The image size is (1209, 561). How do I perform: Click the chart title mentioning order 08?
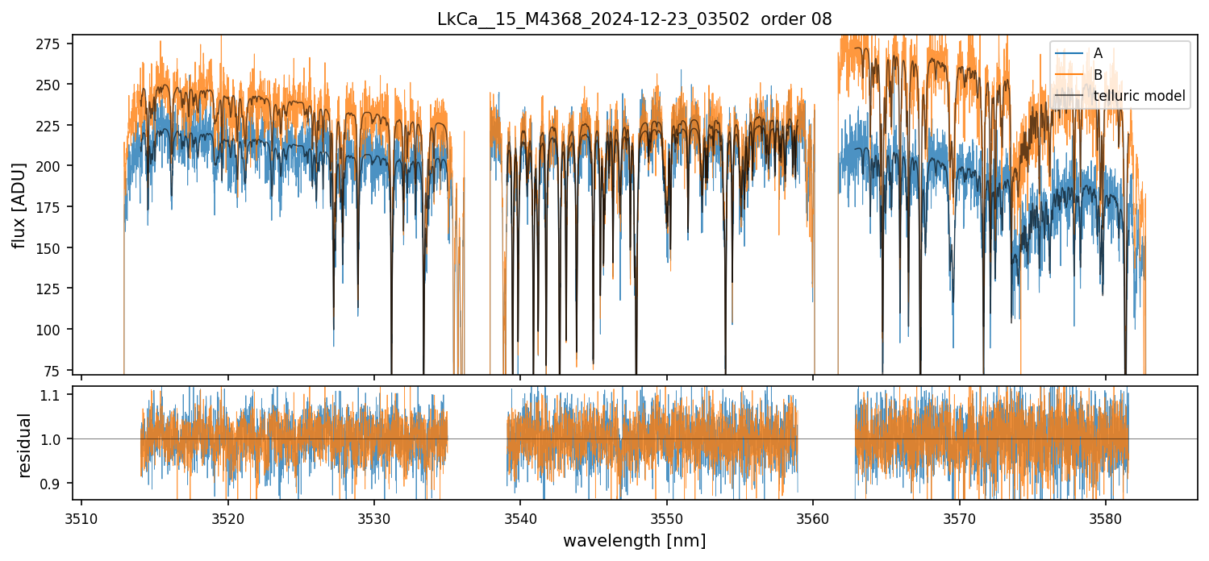[634, 19]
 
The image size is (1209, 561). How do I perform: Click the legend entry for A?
[1098, 54]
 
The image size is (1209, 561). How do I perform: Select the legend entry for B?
[1098, 75]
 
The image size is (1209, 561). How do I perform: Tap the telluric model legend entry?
[1139, 97]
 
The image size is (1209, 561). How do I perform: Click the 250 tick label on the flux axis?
[57, 84]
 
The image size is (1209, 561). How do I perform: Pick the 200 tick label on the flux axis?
[57, 165]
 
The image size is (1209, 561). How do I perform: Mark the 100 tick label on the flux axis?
[57, 329]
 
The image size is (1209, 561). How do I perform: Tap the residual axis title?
[24, 445]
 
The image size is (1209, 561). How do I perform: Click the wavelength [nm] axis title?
[634, 541]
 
